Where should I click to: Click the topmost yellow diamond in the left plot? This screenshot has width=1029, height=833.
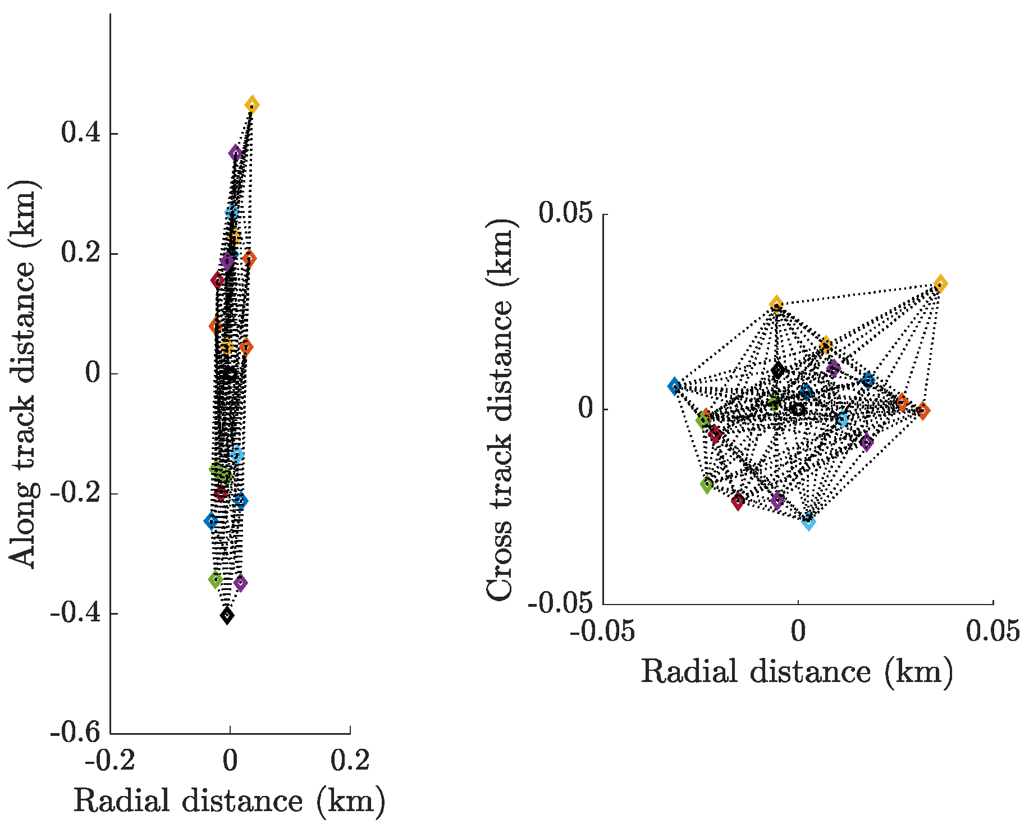point(251,105)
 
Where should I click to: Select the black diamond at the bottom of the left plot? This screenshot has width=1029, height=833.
point(227,616)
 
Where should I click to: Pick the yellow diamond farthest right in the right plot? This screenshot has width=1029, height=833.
point(940,284)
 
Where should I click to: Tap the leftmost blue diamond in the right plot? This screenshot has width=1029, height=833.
point(675,386)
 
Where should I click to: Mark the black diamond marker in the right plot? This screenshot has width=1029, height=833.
point(778,370)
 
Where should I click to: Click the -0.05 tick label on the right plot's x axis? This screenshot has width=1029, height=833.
point(602,631)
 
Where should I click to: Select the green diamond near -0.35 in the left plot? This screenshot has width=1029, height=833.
point(216,579)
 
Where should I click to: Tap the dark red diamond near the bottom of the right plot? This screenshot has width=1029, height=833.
point(738,501)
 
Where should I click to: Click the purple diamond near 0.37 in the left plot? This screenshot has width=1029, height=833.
point(235,153)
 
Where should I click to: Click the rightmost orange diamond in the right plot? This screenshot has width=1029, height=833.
point(923,411)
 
